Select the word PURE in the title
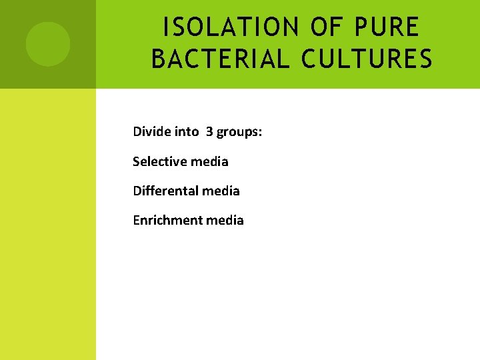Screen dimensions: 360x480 (x=387, y=27)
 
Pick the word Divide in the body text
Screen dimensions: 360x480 (x=151, y=131)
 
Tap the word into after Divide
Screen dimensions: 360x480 (x=186, y=131)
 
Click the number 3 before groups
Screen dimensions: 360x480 (x=209, y=131)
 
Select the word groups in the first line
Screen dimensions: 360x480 (x=237, y=132)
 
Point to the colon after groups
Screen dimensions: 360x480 (x=260, y=132)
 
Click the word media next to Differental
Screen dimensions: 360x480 (x=221, y=191)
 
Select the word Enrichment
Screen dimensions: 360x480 (x=168, y=220)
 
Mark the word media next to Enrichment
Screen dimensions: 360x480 (x=225, y=220)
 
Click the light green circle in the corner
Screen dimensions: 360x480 (x=48, y=44)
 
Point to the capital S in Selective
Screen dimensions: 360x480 (x=136, y=161)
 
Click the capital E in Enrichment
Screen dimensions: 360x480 (x=136, y=220)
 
